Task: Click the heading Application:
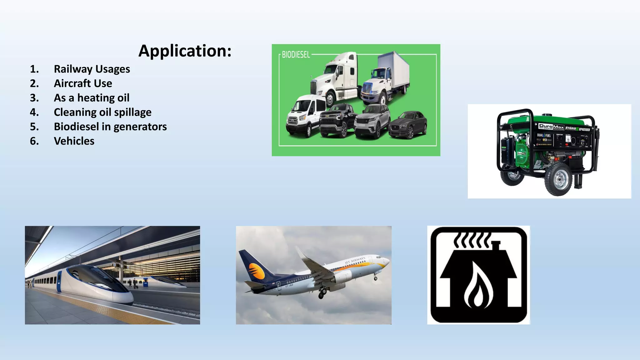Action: (185, 51)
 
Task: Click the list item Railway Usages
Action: (92, 69)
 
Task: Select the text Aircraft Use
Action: (83, 83)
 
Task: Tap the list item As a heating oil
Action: (91, 98)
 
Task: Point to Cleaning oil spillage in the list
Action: (102, 112)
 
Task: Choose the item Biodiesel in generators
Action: (110, 127)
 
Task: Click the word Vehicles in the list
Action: (74, 141)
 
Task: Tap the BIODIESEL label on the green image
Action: (296, 55)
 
